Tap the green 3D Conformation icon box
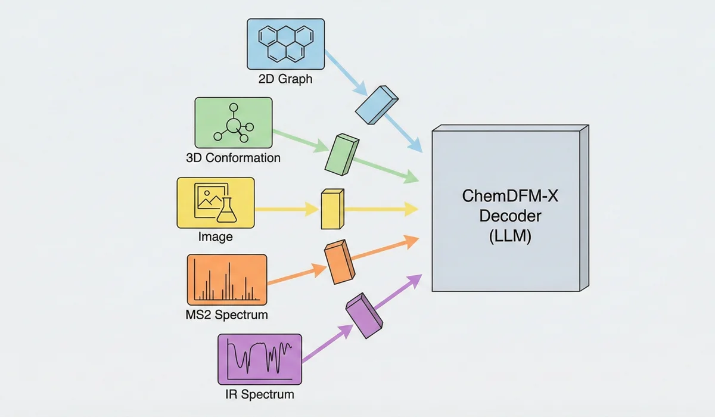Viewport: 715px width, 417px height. tap(234, 123)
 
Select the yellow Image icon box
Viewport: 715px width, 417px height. tap(216, 202)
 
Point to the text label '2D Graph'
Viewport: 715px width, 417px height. tap(285, 78)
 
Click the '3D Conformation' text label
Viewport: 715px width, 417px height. tap(233, 158)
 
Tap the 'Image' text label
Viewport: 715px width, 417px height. tap(215, 237)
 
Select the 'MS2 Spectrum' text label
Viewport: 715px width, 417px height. tap(226, 315)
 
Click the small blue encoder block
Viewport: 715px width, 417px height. tap(377, 104)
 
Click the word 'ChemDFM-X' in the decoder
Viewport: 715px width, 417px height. tap(505, 195)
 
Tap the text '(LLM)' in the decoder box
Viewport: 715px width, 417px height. tap(505, 236)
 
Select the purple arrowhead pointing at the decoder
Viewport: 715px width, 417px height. tap(415, 279)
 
